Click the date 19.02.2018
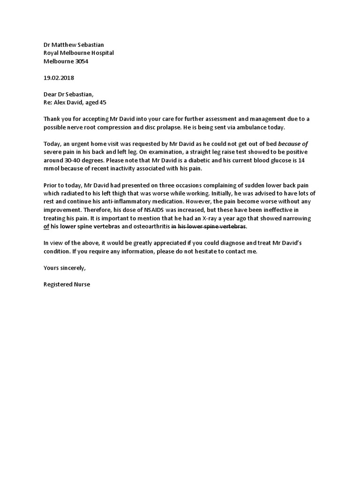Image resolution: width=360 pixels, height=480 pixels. coord(59,78)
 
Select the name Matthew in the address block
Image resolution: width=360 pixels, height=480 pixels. coord(65,45)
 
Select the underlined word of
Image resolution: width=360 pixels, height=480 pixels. coord(46,227)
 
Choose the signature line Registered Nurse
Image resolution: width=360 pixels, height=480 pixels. coord(67,285)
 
